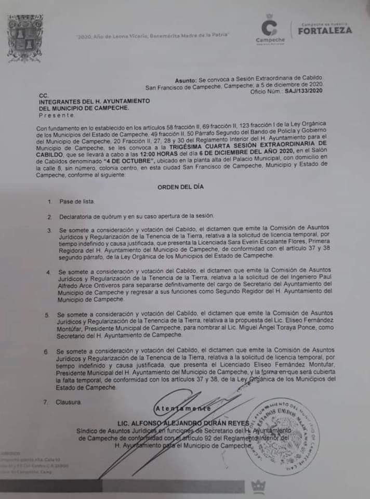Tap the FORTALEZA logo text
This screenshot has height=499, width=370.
[x=325, y=30]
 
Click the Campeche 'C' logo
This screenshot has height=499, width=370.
[x=270, y=27]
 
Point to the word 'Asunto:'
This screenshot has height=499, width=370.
[x=186, y=81]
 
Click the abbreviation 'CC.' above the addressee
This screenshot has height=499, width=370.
[x=44, y=96]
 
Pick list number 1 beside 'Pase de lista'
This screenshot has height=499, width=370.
[x=49, y=201]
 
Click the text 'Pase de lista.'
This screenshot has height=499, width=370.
[x=77, y=201]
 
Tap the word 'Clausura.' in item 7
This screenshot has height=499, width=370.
[x=69, y=402]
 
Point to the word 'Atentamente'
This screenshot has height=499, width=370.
[x=183, y=409]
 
